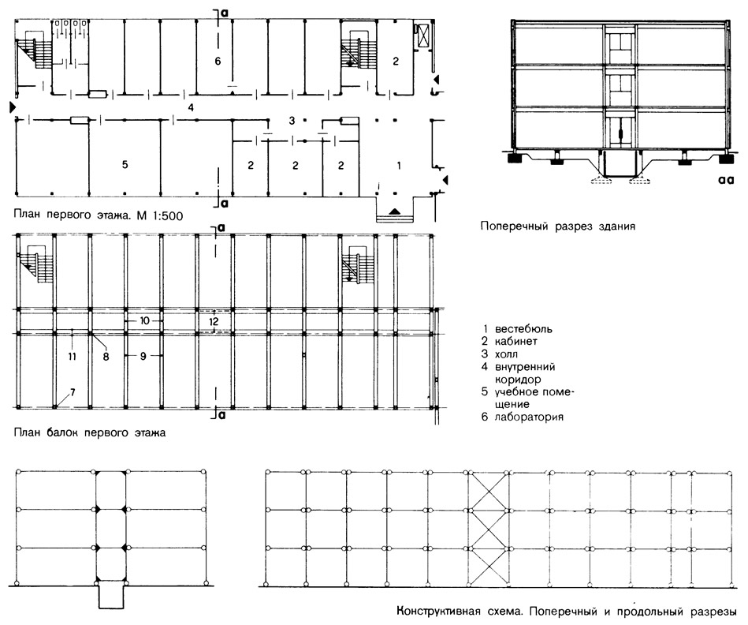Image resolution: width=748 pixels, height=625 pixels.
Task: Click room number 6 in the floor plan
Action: [218, 61]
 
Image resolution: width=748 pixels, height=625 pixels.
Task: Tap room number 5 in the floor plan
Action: [125, 165]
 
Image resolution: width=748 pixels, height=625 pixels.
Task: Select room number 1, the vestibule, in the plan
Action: [399, 166]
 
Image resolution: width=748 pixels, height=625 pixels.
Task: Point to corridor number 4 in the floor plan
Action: [191, 107]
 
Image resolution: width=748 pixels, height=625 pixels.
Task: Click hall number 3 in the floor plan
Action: [292, 121]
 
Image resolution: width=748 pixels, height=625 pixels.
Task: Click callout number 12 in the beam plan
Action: [214, 321]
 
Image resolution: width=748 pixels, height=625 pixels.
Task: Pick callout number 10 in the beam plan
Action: [145, 320]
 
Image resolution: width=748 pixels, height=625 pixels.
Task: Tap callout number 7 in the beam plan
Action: [73, 392]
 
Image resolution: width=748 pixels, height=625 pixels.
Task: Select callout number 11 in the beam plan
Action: [72, 356]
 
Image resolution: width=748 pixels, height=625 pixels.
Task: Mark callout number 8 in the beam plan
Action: [106, 357]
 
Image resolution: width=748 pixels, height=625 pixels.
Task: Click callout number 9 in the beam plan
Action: [143, 356]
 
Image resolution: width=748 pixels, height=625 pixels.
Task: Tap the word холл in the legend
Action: [506, 354]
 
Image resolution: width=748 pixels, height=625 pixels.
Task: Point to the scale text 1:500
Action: [167, 215]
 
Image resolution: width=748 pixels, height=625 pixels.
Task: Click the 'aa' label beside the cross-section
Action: [726, 180]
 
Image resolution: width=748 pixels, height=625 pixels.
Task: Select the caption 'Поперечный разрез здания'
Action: [558, 226]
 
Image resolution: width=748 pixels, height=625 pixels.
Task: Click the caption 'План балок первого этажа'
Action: [90, 432]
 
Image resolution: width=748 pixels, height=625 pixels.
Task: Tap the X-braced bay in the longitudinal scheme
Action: [490, 528]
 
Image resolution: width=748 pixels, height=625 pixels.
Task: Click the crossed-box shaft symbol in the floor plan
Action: [422, 35]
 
